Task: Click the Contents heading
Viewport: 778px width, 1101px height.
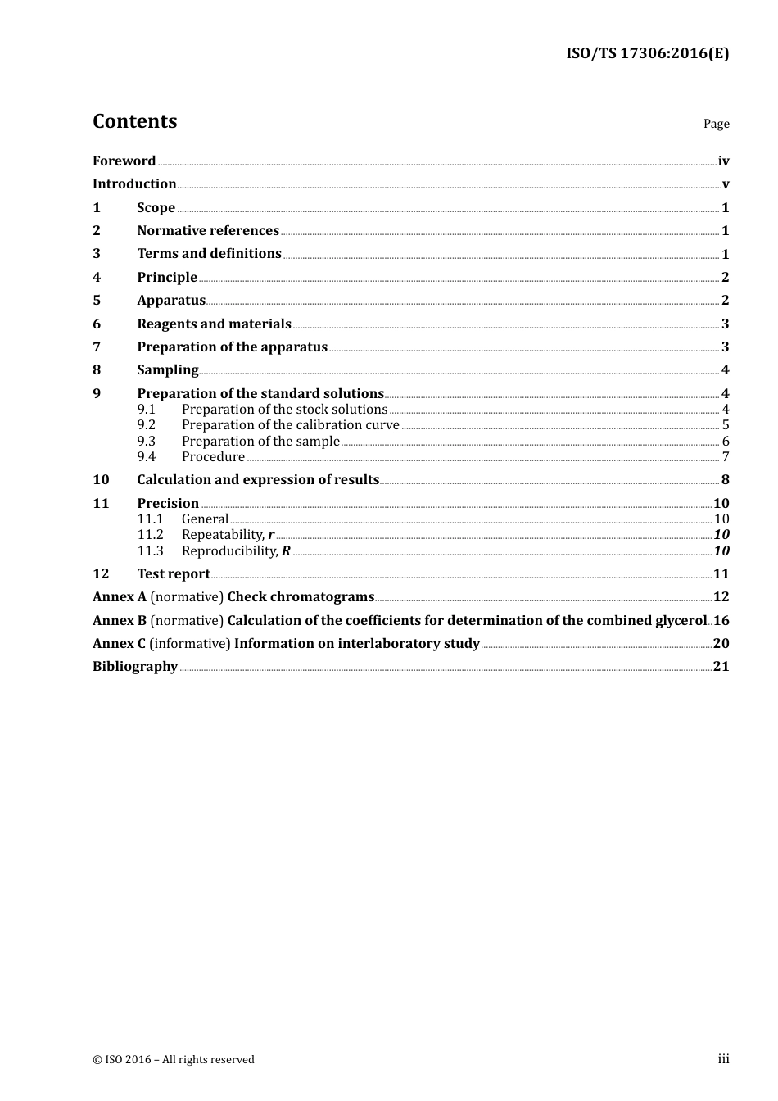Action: (x=134, y=121)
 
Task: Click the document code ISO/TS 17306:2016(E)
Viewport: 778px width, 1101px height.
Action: (x=647, y=54)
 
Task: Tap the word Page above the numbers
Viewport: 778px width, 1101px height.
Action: (x=716, y=124)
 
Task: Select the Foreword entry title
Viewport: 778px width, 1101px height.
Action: (x=124, y=161)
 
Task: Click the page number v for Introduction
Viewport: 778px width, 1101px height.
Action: (x=725, y=184)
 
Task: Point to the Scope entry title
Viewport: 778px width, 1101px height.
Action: (x=156, y=208)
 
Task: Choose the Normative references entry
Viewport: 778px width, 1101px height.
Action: (x=208, y=231)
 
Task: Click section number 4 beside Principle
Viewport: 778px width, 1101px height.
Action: (x=97, y=278)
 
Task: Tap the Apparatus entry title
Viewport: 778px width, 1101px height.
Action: (x=171, y=301)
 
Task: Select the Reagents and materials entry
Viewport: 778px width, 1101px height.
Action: (x=214, y=324)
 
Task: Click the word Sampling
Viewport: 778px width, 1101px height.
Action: (x=167, y=370)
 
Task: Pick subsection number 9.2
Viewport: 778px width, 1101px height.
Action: (x=147, y=425)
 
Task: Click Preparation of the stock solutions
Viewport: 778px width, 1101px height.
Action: (x=284, y=410)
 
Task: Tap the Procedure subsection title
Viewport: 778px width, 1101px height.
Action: (x=213, y=457)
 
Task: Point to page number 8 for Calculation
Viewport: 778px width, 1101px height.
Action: (x=725, y=480)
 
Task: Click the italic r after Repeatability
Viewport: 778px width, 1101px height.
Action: (x=271, y=535)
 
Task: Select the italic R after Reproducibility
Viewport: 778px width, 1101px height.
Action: (x=286, y=551)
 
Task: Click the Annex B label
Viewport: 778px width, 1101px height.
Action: (x=120, y=621)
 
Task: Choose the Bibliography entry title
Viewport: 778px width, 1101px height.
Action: (x=135, y=667)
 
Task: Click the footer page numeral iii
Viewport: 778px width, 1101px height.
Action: (x=723, y=1059)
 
